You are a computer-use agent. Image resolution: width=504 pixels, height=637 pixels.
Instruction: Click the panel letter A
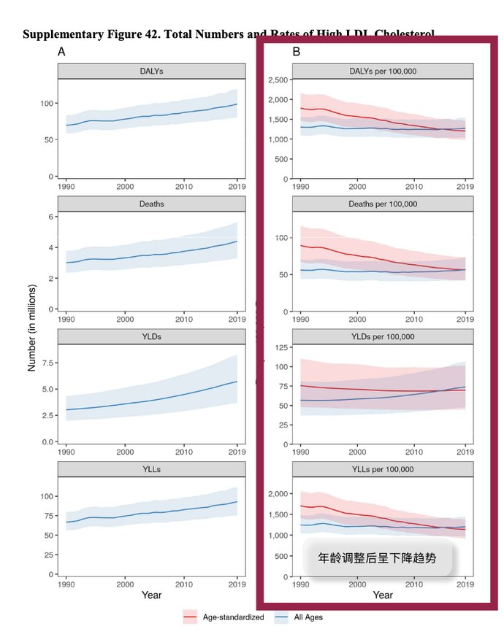pyautogui.click(x=63, y=52)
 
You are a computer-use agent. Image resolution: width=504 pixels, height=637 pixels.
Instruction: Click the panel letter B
pyautogui.click(x=297, y=52)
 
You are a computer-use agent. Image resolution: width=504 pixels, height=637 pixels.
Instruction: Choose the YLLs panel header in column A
pyautogui.click(x=151, y=469)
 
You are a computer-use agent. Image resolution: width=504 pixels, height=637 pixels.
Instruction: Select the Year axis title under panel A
pyautogui.click(x=151, y=595)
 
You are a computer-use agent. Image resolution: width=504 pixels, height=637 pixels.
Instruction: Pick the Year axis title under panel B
pyautogui.click(x=382, y=595)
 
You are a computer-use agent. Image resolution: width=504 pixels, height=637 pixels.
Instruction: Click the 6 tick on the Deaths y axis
pyautogui.click(x=50, y=217)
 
